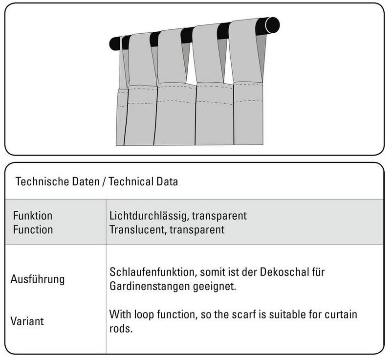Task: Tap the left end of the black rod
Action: point(114,44)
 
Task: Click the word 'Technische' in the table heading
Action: point(40,182)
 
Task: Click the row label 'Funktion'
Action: point(33,216)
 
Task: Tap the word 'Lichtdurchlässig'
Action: point(145,216)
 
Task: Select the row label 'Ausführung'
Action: point(38,280)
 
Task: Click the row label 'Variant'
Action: point(27,321)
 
